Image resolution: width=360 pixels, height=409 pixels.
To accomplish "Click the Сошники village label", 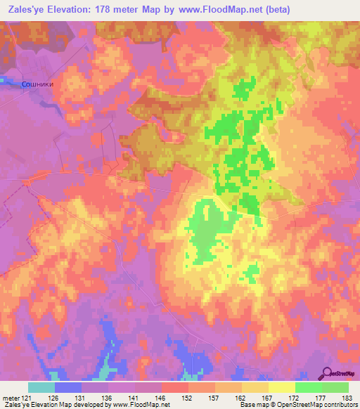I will (35, 83).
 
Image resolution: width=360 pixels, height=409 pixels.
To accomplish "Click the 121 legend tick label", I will (29, 398).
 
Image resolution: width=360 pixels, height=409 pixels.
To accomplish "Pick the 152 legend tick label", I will (189, 398).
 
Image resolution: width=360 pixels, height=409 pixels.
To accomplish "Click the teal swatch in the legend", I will (41, 387).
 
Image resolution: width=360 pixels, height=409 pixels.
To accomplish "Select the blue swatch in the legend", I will (68, 387).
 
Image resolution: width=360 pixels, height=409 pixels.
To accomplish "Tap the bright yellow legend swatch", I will (282, 387).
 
